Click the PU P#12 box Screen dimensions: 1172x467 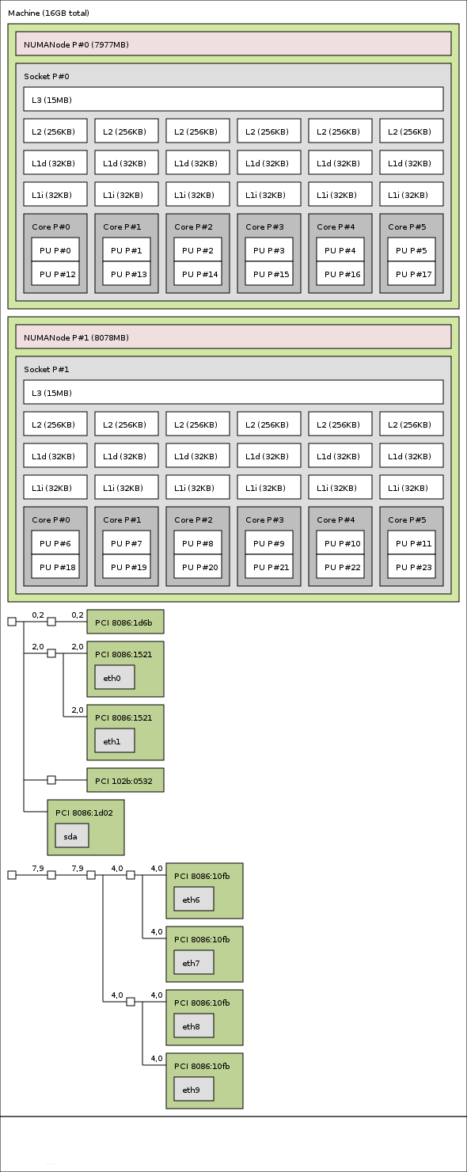click(55, 274)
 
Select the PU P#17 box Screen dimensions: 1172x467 click(412, 274)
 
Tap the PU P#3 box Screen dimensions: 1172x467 click(269, 250)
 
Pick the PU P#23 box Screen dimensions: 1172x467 click(412, 567)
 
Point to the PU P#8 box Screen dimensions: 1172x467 click(198, 543)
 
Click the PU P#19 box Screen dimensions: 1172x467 click(127, 567)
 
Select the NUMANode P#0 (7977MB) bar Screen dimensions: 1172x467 click(233, 44)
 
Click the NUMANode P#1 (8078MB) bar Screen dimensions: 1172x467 click(233, 337)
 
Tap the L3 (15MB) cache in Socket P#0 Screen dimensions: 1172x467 click(233, 100)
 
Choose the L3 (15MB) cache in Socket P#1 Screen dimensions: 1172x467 click(233, 393)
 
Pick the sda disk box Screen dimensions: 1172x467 click(72, 836)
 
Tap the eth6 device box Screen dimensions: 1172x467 click(194, 900)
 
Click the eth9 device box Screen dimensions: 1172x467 click(194, 1090)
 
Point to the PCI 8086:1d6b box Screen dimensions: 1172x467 click(125, 622)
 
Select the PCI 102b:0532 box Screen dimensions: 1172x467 click(125, 781)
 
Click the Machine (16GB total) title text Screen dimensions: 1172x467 click(48, 13)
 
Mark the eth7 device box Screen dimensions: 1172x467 click(194, 963)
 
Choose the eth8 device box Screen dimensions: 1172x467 click(194, 1026)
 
